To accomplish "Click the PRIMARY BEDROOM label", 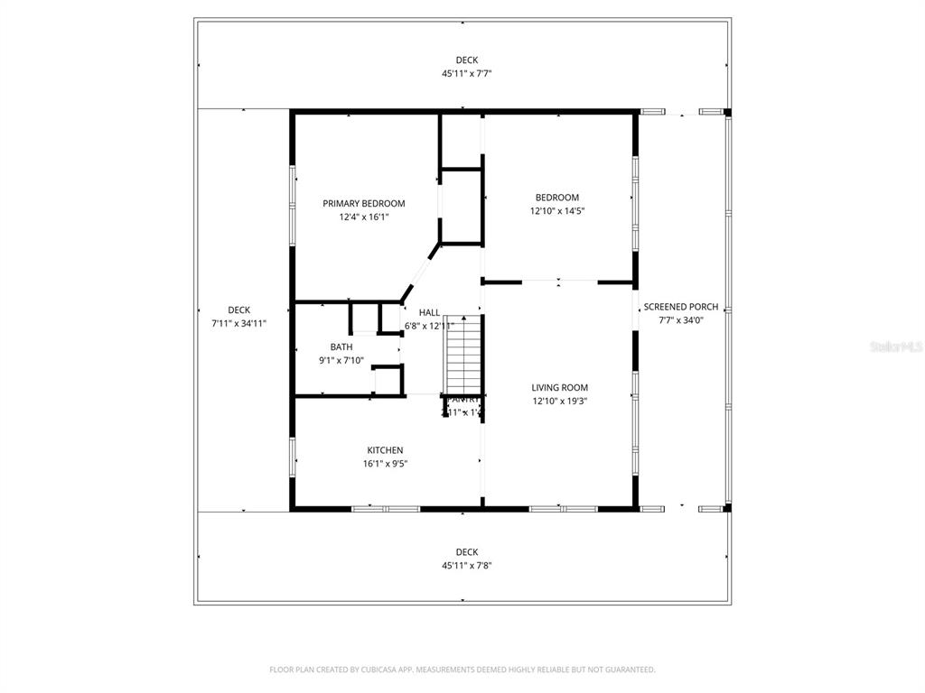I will tap(364, 204).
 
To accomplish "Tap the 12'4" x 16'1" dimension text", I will tap(364, 217).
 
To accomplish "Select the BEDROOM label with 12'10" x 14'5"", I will tap(556, 198).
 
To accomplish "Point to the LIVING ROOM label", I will tap(559, 388).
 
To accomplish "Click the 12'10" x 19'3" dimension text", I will tap(559, 402).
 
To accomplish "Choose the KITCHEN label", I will tap(385, 450).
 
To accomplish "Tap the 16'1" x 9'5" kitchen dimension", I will tap(385, 464).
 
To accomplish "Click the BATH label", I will tap(341, 346).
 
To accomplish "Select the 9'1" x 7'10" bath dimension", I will tap(341, 360).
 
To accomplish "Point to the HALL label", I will tap(429, 312).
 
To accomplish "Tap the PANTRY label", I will tap(463, 399).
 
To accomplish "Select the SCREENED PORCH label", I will tap(681, 307).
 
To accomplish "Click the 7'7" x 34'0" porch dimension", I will tap(681, 319).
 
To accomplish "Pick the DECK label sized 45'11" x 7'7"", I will tap(466, 60).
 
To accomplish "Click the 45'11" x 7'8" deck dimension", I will tap(466, 566).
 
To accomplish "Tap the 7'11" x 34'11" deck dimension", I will tap(238, 323).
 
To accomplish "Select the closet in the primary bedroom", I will tap(462, 205).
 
